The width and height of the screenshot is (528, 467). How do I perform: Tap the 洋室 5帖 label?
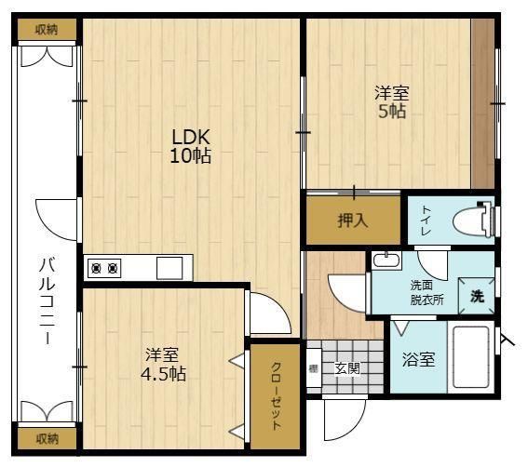click(390, 101)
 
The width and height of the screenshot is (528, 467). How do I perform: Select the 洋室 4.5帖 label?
click(164, 365)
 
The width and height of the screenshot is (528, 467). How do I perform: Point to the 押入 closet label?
click(352, 223)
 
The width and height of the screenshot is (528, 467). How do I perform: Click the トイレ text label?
click(426, 221)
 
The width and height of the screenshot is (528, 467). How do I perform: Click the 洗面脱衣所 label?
click(426, 292)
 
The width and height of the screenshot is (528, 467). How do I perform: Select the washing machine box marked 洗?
click(477, 297)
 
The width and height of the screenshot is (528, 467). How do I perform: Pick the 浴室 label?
click(417, 359)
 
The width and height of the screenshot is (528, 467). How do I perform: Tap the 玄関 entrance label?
click(346, 367)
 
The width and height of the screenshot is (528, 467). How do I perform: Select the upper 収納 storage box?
click(47, 29)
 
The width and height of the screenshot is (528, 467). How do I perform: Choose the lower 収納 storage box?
click(47, 437)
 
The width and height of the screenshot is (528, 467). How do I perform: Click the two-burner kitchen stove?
click(103, 268)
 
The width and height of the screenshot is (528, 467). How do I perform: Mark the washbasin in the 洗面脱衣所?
click(387, 260)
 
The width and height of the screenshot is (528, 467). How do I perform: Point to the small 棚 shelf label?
click(314, 368)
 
